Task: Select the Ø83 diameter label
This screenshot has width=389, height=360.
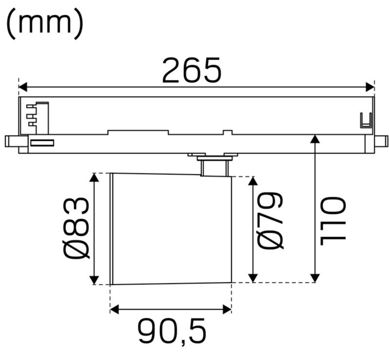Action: [x=77, y=228]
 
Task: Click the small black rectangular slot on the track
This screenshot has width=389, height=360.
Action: [x=42, y=143]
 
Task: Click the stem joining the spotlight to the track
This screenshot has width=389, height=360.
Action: [x=215, y=166]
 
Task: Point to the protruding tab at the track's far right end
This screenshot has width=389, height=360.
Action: [x=380, y=142]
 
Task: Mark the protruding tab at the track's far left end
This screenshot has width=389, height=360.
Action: [x=12, y=142]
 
